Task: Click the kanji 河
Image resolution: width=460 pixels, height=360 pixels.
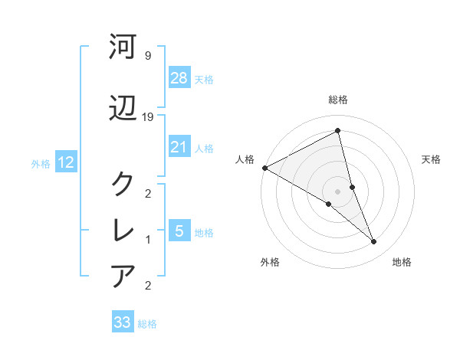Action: point(123,47)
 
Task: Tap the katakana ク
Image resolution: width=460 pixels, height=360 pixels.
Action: point(123,183)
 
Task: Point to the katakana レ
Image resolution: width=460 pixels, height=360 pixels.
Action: point(123,229)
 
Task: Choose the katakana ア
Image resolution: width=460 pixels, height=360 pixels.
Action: point(123,275)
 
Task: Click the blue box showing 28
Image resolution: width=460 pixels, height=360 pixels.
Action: point(179,78)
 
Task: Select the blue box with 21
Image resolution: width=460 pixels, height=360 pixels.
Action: point(179,147)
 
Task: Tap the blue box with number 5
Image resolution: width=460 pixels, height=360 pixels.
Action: point(179,231)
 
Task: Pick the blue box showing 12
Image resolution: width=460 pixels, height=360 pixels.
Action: point(65,162)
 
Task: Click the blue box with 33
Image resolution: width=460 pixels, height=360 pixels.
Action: point(123,322)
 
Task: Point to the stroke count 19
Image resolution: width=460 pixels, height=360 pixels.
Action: point(149,117)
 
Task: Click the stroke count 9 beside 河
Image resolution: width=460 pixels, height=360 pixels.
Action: point(147,56)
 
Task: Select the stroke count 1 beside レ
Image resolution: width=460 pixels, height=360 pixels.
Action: point(147,240)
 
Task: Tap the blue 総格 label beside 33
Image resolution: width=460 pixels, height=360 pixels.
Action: point(147,324)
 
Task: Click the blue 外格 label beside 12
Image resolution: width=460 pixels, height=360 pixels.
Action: point(41,163)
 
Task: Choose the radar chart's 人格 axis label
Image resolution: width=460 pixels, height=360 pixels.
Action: point(245,159)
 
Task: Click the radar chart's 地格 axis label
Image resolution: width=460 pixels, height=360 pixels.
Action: point(402,263)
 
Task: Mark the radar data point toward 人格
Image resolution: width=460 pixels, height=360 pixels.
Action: point(264,168)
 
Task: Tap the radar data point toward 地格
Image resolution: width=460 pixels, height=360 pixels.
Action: point(373,242)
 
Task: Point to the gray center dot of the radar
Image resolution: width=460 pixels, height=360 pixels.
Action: point(337,191)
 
